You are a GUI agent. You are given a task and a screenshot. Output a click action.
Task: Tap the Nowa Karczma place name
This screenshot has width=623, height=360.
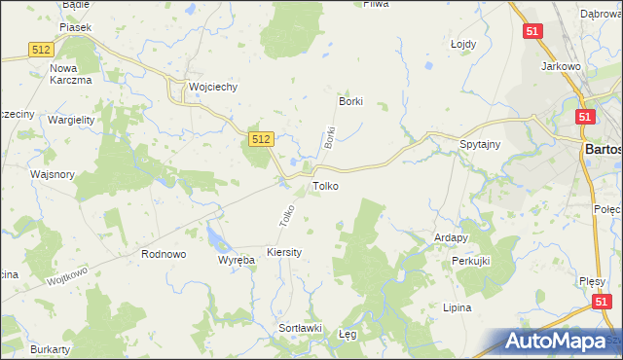[70, 74]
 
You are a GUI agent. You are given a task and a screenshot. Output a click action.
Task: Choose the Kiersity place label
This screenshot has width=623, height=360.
[284, 252]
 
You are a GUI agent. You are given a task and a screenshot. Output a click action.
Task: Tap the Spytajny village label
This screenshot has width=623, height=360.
[480, 145]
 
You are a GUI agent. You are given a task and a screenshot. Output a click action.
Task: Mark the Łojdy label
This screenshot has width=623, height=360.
[463, 44]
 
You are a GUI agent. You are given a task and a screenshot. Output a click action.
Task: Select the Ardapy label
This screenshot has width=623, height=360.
[452, 237]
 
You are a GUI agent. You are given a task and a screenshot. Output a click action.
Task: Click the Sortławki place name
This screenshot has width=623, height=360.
[301, 328]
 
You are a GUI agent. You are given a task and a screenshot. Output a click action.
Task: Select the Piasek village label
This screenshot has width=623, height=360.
[75, 27]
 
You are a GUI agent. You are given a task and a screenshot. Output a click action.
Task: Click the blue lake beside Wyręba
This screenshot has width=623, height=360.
[214, 234]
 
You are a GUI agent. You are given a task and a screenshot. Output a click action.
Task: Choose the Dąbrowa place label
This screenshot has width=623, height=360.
[602, 14]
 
